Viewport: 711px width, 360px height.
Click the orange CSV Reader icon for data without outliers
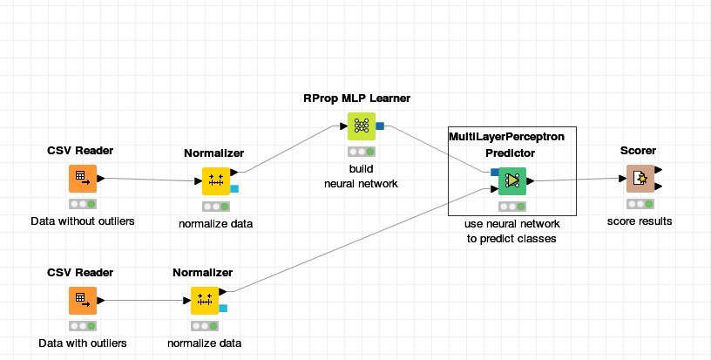[x=82, y=179]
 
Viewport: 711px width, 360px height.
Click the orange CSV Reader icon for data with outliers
[x=82, y=301]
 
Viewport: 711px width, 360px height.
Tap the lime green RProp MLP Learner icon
[x=360, y=126]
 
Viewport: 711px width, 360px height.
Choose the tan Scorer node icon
[x=640, y=179]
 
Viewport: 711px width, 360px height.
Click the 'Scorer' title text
[x=639, y=151]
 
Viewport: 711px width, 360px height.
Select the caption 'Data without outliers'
[x=83, y=221]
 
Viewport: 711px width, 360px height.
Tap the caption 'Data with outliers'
[x=83, y=343]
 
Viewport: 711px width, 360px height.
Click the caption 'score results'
[x=640, y=221]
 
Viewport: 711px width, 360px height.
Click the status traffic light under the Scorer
[x=640, y=203]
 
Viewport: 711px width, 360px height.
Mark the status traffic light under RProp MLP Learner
[x=360, y=151]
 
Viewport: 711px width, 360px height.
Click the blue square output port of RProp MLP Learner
[x=380, y=126]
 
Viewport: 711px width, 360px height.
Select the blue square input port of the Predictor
[x=494, y=172]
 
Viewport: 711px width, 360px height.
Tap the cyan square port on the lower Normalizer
[x=223, y=308]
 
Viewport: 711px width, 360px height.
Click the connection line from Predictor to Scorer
[x=575, y=180]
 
